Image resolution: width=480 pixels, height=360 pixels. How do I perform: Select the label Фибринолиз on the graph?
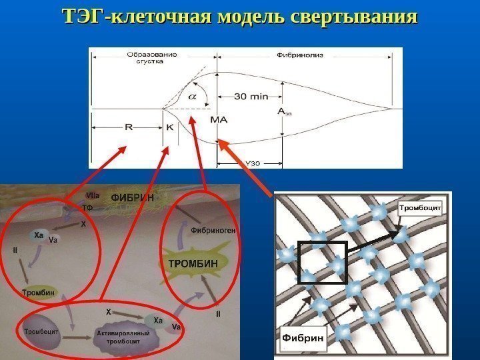click(x=300, y=55)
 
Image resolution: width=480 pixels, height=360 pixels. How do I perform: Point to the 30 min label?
click(x=251, y=96)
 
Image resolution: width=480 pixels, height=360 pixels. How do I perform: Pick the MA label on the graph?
click(x=219, y=121)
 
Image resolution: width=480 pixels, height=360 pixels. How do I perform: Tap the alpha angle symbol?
click(x=192, y=96)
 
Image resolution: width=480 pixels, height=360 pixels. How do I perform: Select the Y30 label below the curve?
click(x=253, y=163)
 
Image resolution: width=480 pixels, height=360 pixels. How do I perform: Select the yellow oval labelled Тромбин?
click(x=39, y=292)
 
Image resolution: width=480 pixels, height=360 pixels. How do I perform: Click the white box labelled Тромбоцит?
click(x=422, y=208)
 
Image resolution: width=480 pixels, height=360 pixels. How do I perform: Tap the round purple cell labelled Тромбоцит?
click(x=41, y=331)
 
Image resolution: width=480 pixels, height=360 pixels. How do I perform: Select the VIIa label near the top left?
click(x=93, y=195)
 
